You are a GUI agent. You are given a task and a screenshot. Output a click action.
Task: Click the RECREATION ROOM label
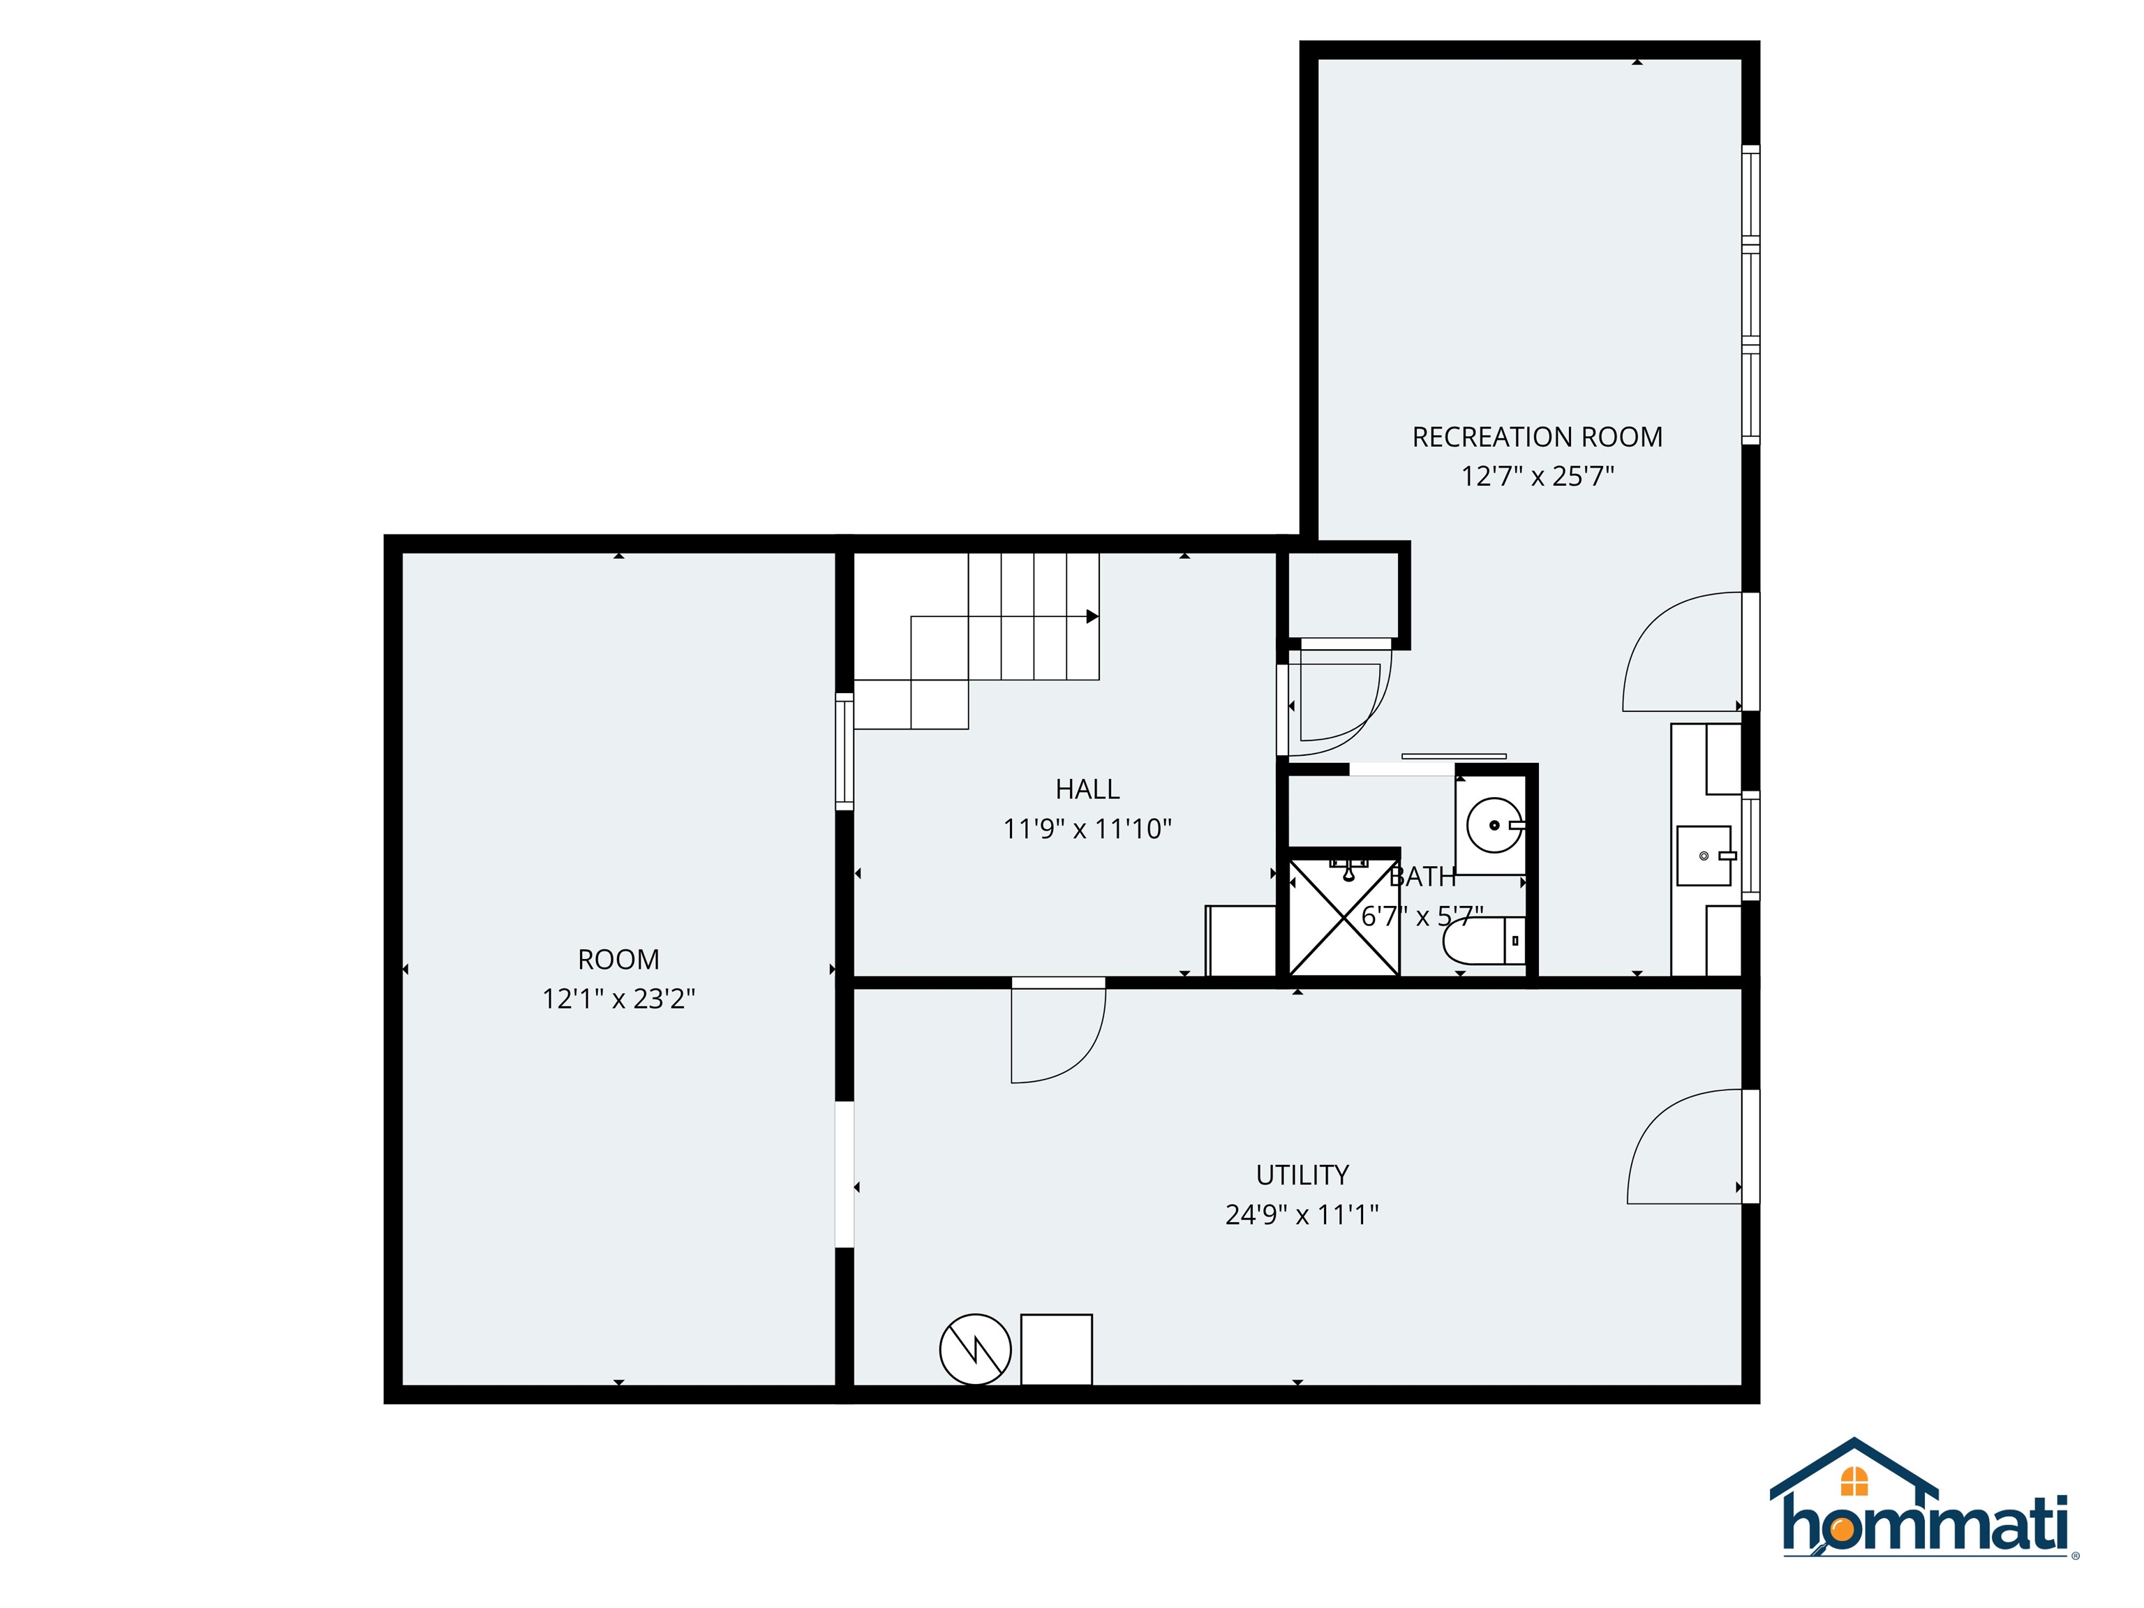tap(1538, 437)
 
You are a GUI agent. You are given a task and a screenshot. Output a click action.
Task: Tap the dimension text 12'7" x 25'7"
tap(1538, 477)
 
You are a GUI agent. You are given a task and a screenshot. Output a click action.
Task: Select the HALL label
tap(1087, 789)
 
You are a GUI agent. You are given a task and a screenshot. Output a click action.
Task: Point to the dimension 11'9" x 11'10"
tap(1087, 828)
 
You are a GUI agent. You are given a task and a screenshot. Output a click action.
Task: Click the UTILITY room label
tap(1302, 1175)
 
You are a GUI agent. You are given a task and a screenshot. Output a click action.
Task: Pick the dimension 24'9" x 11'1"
tap(1302, 1214)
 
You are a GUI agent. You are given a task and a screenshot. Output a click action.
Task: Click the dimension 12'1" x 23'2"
tap(618, 998)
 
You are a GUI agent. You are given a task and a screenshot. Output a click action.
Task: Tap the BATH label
tap(1422, 876)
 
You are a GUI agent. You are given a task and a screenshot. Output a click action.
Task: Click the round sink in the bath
tap(1493, 826)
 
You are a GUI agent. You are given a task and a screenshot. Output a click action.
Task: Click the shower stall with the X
tap(1343, 916)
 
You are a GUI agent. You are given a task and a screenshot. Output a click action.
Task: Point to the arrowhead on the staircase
tap(1092, 616)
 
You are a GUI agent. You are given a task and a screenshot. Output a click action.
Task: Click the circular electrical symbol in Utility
tap(975, 1349)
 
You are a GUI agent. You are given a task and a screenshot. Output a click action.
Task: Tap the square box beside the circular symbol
tap(1057, 1349)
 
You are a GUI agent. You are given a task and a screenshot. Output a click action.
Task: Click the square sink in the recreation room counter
tap(1704, 856)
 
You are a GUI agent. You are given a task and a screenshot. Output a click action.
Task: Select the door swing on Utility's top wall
tap(1057, 1032)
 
